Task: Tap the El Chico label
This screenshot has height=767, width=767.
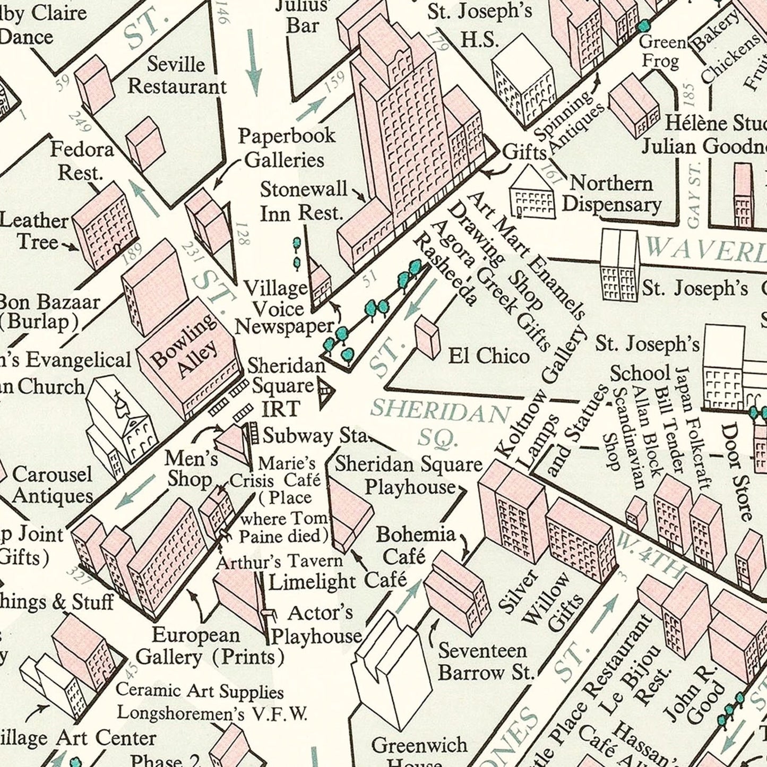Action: [488, 356]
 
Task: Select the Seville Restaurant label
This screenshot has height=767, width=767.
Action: [177, 75]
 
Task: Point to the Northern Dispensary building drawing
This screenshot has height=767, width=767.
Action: [532, 194]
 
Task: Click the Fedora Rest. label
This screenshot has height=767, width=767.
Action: [82, 160]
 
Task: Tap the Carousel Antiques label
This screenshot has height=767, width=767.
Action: [52, 485]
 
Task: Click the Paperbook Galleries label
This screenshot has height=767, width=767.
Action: [287, 147]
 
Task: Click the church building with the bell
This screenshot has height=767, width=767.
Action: [121, 419]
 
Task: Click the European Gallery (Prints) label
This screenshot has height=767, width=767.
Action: [209, 645]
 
